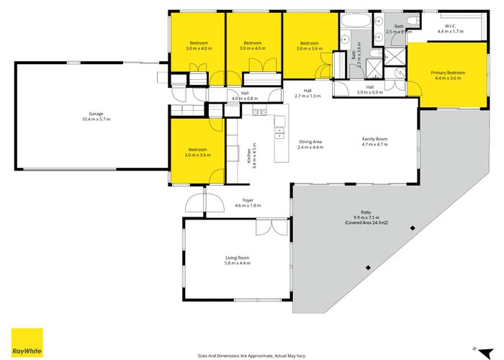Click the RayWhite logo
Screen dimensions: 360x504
point(27,342)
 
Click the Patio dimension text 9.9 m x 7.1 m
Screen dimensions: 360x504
point(366,217)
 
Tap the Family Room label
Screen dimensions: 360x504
point(374,141)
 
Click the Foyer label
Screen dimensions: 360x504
point(248,202)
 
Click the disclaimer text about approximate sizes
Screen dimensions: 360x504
point(251,354)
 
